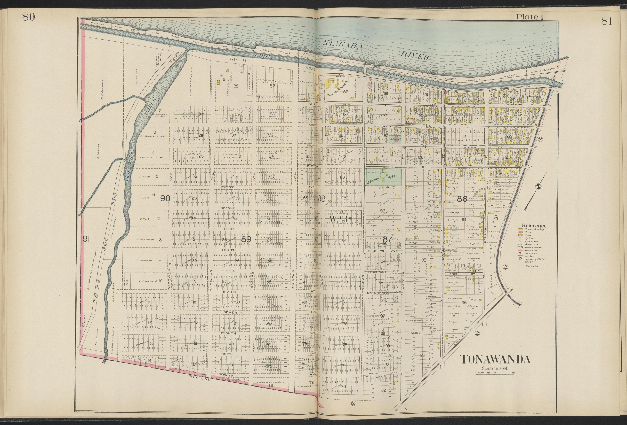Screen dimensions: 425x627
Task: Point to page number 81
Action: (x=606, y=21)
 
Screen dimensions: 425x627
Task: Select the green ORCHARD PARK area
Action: (x=383, y=177)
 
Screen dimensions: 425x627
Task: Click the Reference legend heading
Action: (x=534, y=226)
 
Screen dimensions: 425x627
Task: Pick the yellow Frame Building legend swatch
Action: (x=519, y=229)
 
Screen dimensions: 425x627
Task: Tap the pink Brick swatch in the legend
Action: (x=519, y=232)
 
